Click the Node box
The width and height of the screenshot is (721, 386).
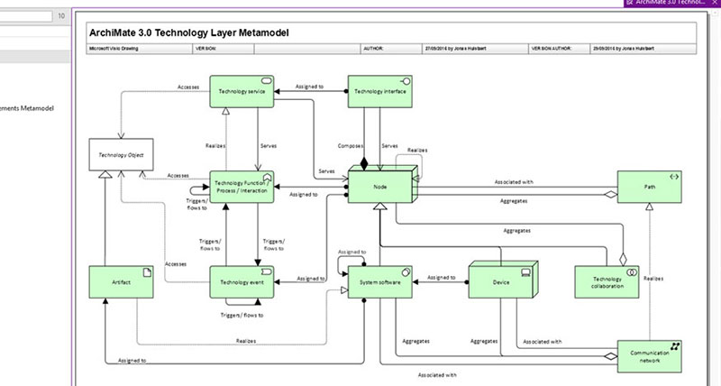coord(380,187)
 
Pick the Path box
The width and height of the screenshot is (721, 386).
coord(650,188)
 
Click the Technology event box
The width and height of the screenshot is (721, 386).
coord(242,282)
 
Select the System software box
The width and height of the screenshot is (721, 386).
coord(380,282)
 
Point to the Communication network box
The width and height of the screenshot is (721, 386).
coord(650,357)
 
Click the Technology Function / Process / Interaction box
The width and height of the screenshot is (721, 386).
coord(242,188)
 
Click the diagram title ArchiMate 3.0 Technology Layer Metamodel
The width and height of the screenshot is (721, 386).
coord(189,32)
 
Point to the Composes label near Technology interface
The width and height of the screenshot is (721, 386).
coord(350,145)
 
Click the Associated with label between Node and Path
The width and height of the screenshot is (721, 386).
coord(515,181)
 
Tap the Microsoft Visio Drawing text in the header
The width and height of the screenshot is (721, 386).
coord(110,49)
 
